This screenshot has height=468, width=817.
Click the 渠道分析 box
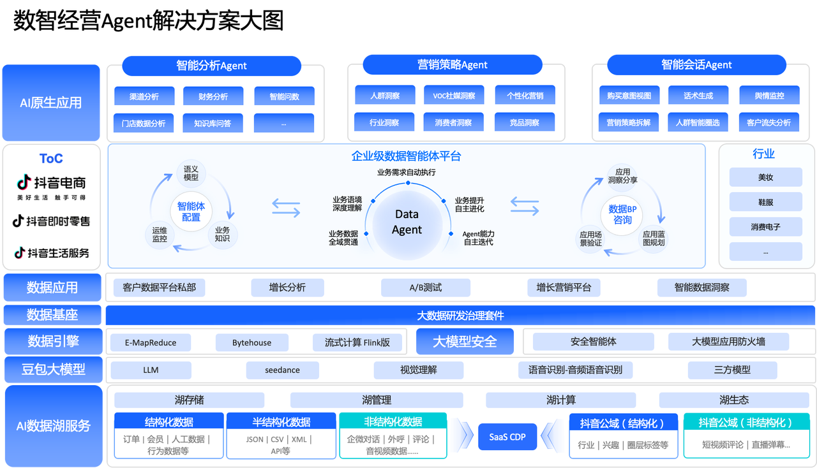pyautogui.click(x=144, y=96)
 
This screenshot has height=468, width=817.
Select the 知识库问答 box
pyautogui.click(x=213, y=123)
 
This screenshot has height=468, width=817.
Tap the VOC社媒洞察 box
pyautogui.click(x=453, y=96)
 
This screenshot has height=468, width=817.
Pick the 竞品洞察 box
pyautogui.click(x=525, y=122)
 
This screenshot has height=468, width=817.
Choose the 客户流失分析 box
pyautogui.click(x=768, y=122)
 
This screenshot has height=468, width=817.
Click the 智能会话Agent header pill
pyautogui.click(x=696, y=64)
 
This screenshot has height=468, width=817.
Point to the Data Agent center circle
pyautogui.click(x=407, y=222)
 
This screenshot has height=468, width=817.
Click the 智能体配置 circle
pyautogui.click(x=191, y=212)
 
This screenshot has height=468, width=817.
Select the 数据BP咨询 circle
pyautogui.click(x=622, y=214)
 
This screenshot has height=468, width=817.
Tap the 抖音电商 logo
pyautogui.click(x=51, y=183)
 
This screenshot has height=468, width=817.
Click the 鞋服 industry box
pyautogui.click(x=765, y=202)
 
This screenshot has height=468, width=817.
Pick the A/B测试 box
pyautogui.click(x=425, y=288)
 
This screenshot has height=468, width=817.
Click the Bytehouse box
pyautogui.click(x=251, y=342)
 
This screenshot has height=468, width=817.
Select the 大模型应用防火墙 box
pyautogui.click(x=728, y=342)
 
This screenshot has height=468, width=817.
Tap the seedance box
pyautogui.click(x=282, y=370)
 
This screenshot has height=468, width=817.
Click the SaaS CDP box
pyautogui.click(x=507, y=437)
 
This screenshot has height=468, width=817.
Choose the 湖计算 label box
pyautogui.click(x=560, y=400)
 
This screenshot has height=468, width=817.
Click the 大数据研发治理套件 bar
pyautogui.click(x=460, y=315)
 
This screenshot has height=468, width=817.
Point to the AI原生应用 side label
pyautogui.click(x=51, y=103)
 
